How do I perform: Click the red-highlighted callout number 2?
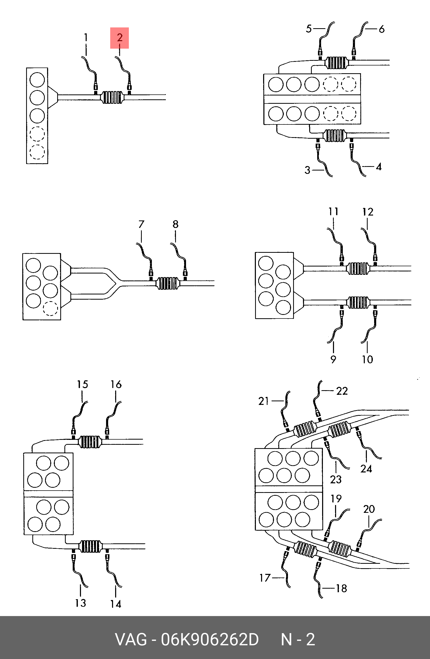120,38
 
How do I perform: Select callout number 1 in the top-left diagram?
86,37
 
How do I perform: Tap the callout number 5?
309,28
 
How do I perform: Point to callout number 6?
382,29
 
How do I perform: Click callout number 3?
307,170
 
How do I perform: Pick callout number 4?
379,167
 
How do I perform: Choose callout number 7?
141,224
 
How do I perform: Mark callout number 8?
175,224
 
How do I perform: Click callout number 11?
333,212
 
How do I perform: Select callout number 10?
367,359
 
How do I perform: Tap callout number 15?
83,384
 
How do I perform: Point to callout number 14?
116,604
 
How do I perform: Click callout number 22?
342,391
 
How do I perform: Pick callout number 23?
336,479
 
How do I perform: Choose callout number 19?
336,499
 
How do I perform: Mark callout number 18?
342,588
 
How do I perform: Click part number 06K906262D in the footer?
210,639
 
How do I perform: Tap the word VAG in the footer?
131,639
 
